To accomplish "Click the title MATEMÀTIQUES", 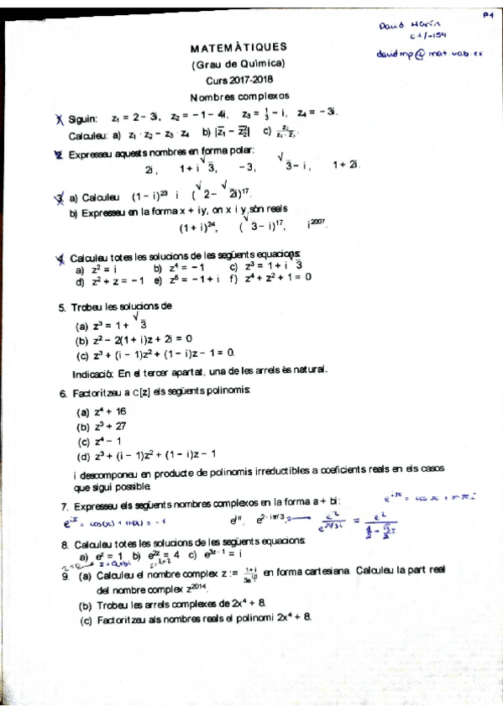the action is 238,48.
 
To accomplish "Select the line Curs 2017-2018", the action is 238,80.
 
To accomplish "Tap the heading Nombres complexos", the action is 238,96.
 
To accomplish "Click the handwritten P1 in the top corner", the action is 487,13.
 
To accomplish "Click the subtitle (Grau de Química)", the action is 238,64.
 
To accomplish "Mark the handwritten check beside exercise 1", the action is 59,120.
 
